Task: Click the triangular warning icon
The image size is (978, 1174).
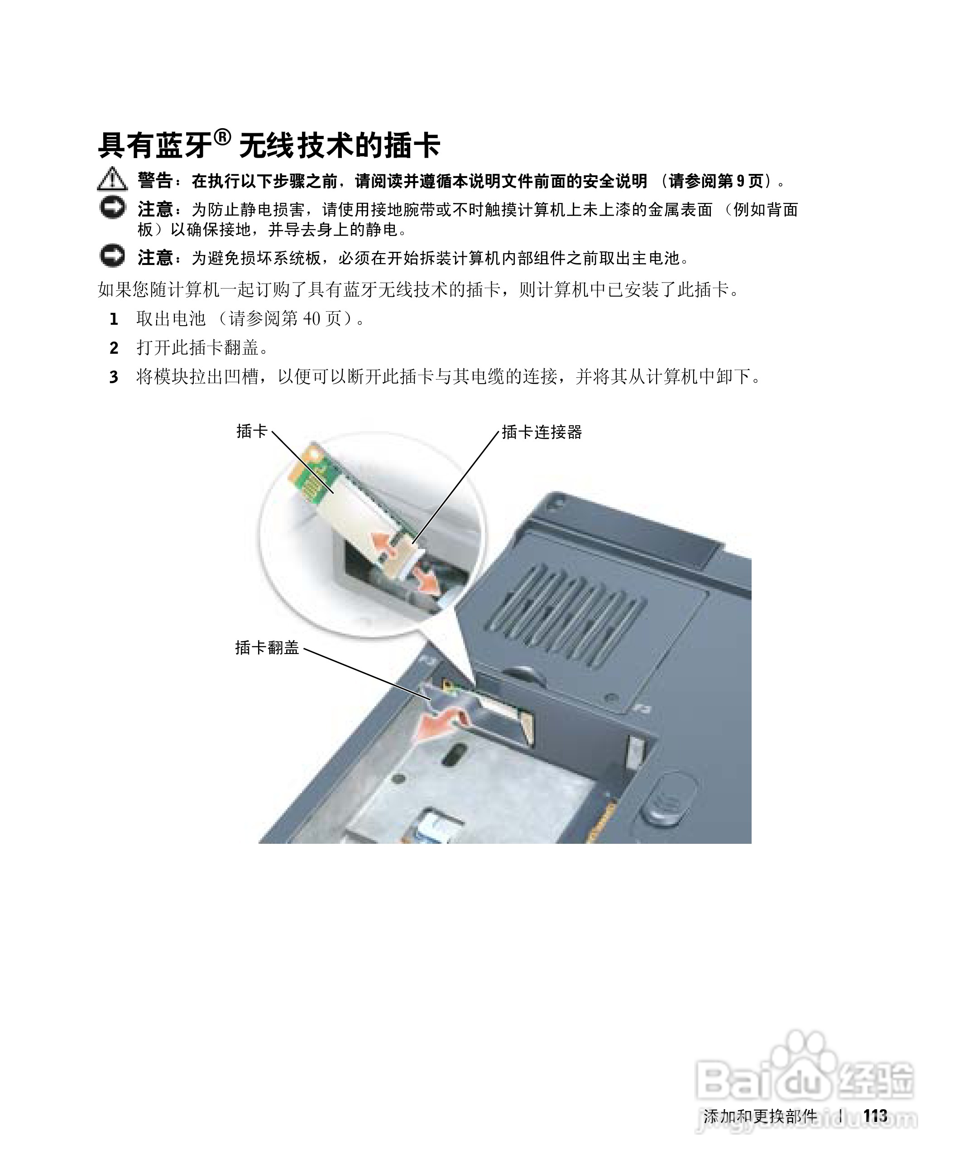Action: click(x=112, y=179)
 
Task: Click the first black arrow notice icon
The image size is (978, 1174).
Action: click(x=112, y=208)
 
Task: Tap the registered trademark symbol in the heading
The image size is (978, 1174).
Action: click(x=222, y=137)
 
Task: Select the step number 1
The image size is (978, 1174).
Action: click(x=114, y=319)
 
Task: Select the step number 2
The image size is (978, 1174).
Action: click(x=114, y=348)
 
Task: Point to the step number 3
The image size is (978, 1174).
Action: click(x=114, y=377)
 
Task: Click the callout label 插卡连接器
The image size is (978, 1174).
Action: click(x=542, y=432)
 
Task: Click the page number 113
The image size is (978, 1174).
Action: click(x=875, y=1116)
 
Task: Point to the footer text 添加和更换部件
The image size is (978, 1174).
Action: click(x=760, y=1116)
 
